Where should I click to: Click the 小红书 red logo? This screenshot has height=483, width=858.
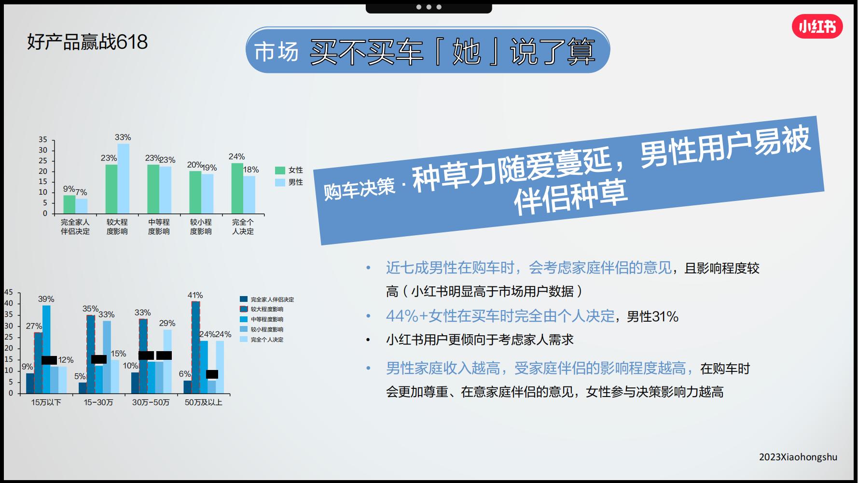coord(817,27)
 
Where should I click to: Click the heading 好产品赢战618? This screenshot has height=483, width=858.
coord(87,42)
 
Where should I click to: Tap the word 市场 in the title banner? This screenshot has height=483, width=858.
coord(277,51)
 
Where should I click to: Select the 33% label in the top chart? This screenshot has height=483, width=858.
coord(123,137)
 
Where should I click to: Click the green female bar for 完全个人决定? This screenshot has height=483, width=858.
coord(237,188)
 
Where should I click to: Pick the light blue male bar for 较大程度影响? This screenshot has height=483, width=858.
coord(124,179)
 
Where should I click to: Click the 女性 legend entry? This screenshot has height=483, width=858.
coord(290,170)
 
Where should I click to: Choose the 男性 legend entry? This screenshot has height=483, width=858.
coord(290,182)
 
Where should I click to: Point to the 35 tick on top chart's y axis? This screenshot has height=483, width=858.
coord(43,140)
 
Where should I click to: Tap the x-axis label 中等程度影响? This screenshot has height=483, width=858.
coord(159,227)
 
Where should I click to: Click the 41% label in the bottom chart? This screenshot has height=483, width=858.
coord(195,295)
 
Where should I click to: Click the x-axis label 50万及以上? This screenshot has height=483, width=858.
coord(203,402)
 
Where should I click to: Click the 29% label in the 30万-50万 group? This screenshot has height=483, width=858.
coord(167,323)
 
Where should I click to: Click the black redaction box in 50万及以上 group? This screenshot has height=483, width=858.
coord(212,374)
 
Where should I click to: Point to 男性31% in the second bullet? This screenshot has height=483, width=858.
coord(652,317)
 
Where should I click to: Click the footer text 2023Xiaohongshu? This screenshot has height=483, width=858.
coord(798,457)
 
